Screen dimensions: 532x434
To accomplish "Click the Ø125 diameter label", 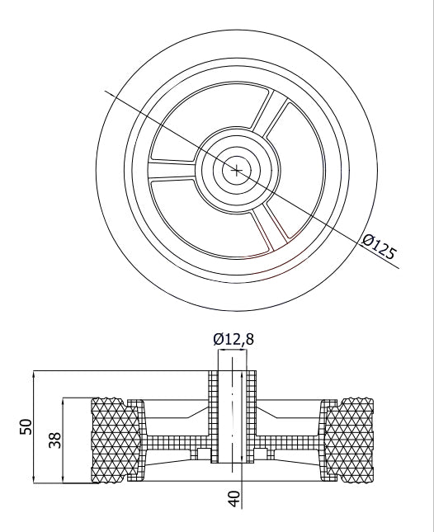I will point(379,247).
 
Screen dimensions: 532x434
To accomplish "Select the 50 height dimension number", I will point(26,426).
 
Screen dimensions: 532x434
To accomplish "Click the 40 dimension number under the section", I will point(234,498).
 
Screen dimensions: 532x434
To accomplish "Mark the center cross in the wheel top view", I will point(237,171).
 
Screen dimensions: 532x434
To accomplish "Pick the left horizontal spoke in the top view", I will point(174,170).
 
